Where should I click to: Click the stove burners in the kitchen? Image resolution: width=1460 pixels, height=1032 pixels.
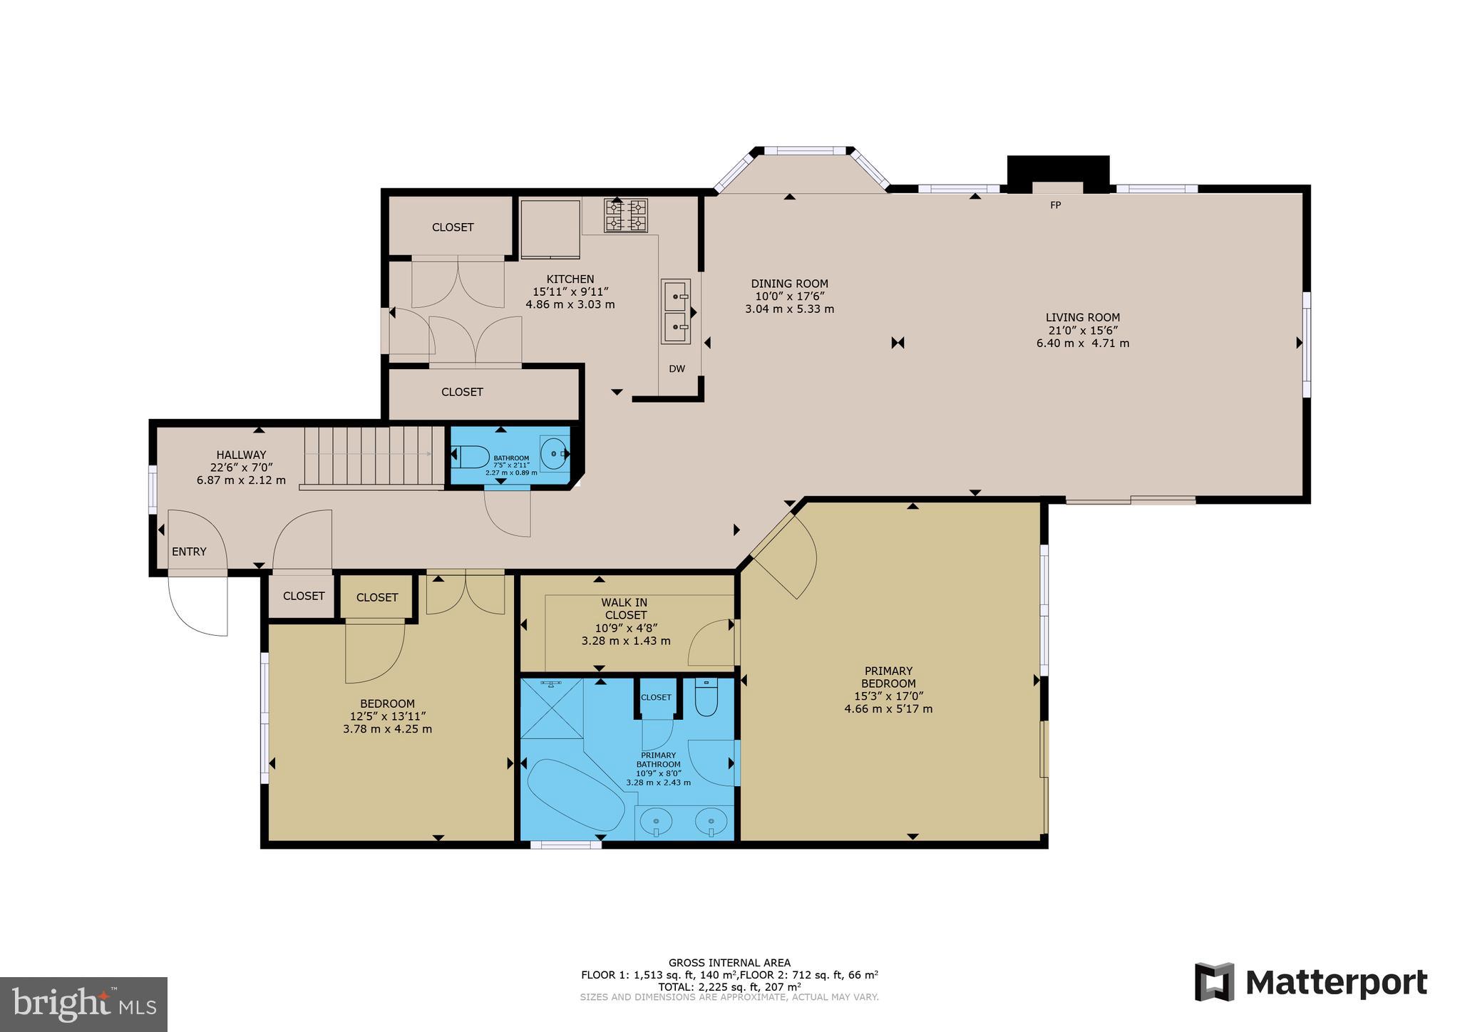[627, 215]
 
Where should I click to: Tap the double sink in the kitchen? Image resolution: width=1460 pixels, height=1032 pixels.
[676, 311]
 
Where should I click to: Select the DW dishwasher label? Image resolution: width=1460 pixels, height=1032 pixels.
[677, 369]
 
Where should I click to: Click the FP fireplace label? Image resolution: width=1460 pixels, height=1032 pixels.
[1056, 205]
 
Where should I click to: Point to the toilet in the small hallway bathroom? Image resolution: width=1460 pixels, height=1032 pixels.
[471, 456]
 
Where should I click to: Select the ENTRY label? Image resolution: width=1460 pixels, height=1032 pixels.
[189, 552]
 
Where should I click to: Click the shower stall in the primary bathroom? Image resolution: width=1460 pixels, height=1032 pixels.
[552, 708]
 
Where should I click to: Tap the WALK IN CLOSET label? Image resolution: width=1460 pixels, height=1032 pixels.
[625, 609]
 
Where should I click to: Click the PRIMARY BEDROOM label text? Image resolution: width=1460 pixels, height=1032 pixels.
[888, 677]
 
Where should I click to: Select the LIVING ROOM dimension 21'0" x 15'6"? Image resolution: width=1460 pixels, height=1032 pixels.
[1082, 331]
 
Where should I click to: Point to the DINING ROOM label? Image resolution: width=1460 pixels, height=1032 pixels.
[789, 284]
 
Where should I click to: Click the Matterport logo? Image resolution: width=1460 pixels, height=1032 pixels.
[1311, 983]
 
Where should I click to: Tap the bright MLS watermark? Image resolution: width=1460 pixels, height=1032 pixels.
[84, 1005]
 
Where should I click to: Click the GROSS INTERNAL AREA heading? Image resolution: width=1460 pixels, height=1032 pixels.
[729, 962]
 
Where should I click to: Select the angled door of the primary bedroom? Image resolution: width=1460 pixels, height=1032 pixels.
[784, 556]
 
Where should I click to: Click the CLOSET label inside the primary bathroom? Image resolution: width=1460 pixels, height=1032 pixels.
[656, 697]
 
